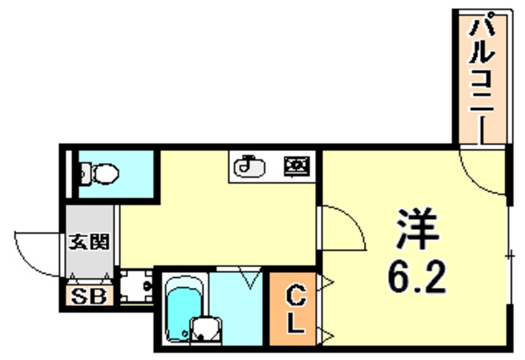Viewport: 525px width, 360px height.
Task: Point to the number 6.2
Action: pos(416,278)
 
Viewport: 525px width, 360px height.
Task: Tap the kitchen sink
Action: pos(249,167)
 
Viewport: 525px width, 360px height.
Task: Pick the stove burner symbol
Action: pos(295,167)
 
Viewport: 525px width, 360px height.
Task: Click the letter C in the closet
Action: pos(296,294)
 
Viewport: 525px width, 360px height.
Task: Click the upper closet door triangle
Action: pos(327,284)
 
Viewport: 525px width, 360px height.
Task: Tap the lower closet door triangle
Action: pos(327,334)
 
